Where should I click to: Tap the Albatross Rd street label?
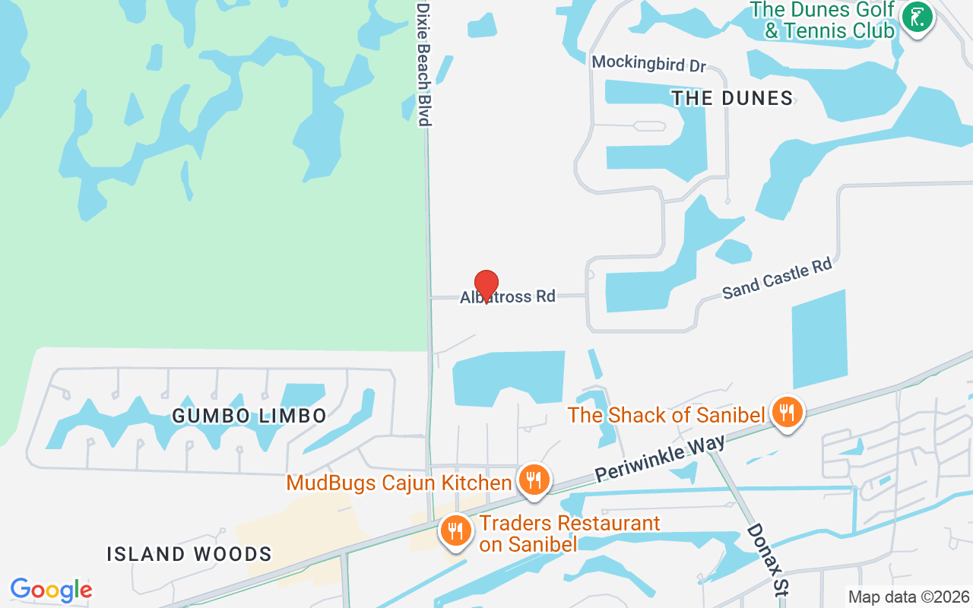coord(508,296)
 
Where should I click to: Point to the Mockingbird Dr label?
coord(649,64)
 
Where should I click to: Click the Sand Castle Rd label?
coord(777,278)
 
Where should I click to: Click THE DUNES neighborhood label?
coord(732,98)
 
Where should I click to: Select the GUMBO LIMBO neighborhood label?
coord(249,416)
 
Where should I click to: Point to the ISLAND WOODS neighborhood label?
coord(189,554)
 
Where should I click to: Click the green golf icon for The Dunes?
coord(918,18)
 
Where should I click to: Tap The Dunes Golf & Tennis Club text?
coord(822,21)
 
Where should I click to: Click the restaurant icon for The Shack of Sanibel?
coord(788,413)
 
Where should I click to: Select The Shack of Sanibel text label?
coord(666,415)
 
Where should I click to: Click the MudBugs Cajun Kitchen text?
coord(399,483)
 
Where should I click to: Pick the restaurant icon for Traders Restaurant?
coord(455,530)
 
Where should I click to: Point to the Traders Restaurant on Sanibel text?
coord(569,533)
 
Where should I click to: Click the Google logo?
coord(51,590)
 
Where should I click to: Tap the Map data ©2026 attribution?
coord(909,597)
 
